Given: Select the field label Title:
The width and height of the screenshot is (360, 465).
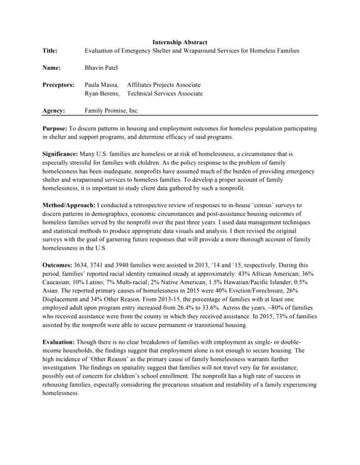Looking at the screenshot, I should coord(52,51).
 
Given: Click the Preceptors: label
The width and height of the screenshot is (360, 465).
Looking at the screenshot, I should coord(59,85).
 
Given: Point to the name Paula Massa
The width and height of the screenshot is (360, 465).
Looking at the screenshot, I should coord(102,85).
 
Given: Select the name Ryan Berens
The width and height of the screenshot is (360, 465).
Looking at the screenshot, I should coord(103,94).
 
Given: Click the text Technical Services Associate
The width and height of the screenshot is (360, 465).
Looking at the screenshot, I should coord(164,94).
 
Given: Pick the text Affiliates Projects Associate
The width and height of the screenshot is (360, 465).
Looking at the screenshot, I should coord(164,85).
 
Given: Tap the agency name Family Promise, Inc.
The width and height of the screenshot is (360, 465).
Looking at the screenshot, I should coord(111,111).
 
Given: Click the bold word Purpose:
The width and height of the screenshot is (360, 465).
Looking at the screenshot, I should coord(56,129).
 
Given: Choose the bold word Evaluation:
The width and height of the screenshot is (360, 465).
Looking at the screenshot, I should coord(61,341).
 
